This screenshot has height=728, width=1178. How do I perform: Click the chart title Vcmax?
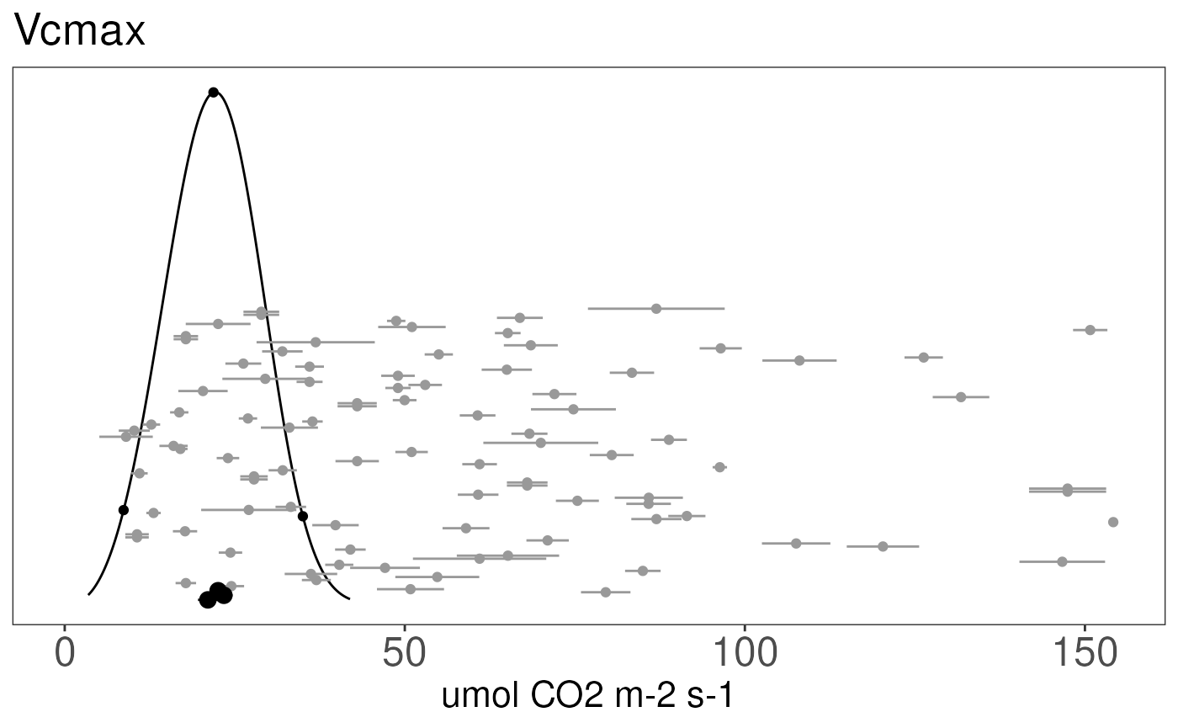coord(80,32)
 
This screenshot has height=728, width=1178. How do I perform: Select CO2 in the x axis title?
coord(560,697)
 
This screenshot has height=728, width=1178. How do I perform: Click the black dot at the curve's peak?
coord(214,92)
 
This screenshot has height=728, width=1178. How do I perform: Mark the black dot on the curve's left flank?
coord(124,510)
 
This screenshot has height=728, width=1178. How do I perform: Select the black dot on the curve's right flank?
coord(303,516)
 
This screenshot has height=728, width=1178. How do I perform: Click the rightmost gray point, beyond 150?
coord(1113,522)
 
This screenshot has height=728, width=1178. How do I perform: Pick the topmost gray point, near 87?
coord(656,308)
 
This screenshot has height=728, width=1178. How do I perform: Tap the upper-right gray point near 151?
coord(1090,330)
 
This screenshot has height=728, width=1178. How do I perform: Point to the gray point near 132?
coord(961,396)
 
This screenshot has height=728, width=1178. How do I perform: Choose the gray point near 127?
coord(923,357)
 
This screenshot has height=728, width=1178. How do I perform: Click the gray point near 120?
coord(883,546)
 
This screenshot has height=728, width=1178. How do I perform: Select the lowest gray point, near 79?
coord(606,592)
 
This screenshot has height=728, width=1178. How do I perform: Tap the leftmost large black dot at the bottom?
coord(208,599)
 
